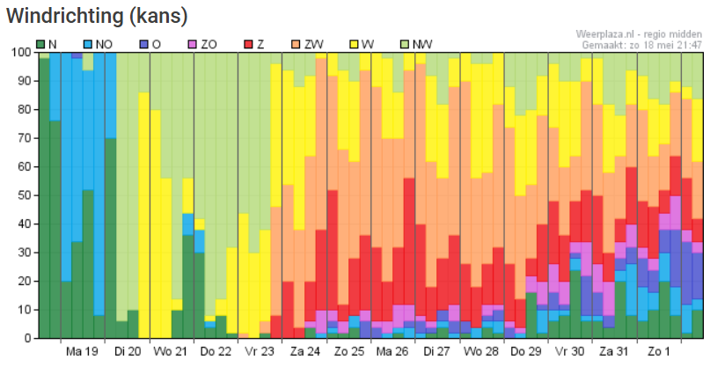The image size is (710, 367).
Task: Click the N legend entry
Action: point(47,44)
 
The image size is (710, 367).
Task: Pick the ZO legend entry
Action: point(201,44)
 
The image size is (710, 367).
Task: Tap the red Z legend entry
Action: point(253,44)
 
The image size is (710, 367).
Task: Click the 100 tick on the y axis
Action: point(19,52)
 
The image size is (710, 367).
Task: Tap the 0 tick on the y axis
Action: point(26,338)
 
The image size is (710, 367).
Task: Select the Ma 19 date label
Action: point(82,352)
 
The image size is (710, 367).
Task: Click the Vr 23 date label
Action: point(259,352)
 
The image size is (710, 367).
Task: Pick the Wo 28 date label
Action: point(480,352)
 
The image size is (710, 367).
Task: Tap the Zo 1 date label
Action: point(657,352)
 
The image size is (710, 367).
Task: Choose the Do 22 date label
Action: point(215,352)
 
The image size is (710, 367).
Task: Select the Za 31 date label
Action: point(613,352)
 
